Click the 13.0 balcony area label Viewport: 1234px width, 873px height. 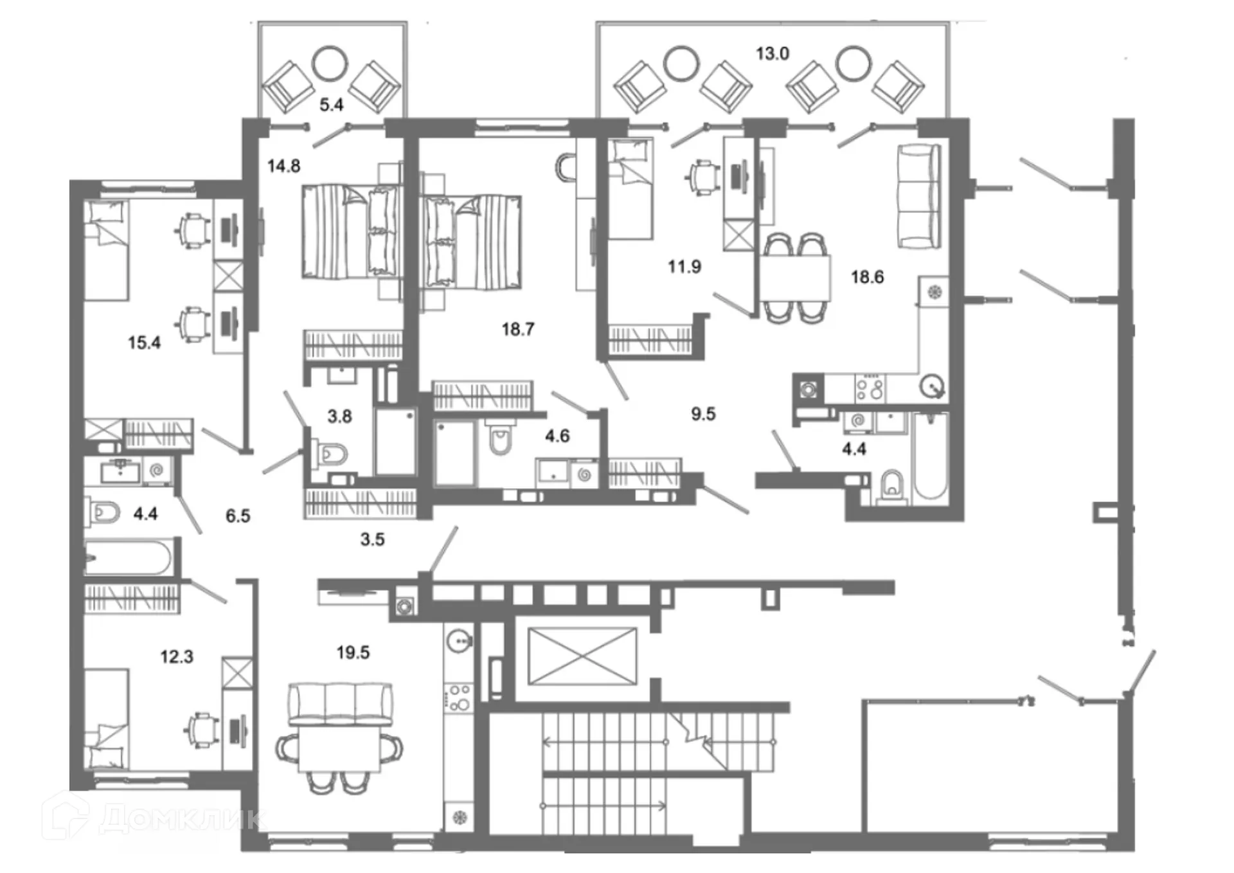(x=772, y=54)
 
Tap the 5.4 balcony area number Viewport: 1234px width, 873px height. (x=332, y=105)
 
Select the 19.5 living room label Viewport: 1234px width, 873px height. (x=353, y=653)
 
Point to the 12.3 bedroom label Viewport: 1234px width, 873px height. (x=177, y=657)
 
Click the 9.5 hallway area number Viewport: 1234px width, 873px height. (x=703, y=415)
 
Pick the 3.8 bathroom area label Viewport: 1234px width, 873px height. (x=339, y=417)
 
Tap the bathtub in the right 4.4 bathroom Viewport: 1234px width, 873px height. (x=929, y=456)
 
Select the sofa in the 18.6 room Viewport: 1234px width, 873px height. (x=918, y=197)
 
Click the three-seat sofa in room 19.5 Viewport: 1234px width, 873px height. (x=340, y=704)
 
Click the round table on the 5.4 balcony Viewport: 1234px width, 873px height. (x=330, y=63)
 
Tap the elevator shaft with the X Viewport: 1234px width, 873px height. (x=582, y=656)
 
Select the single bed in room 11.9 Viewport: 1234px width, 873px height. (x=630, y=190)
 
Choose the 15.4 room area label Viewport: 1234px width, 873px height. (x=144, y=343)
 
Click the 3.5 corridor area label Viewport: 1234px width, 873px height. (x=372, y=540)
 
